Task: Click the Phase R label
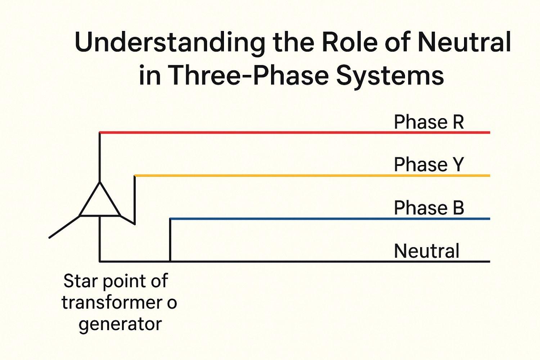[428, 122]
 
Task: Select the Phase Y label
[428, 165]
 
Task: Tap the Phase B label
[428, 208]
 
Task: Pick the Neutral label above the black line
[427, 251]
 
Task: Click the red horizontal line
[252, 132]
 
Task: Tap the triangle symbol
[100, 203]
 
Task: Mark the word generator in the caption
[120, 324]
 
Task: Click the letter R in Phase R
[458, 122]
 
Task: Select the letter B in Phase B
[458, 208]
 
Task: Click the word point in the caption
[125, 282]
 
